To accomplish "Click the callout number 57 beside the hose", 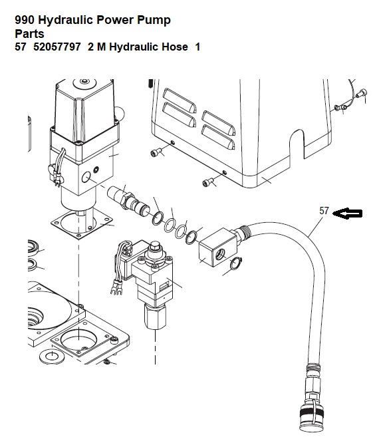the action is tap(324, 211).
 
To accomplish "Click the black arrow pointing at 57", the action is tap(348, 214).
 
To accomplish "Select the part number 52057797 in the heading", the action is tap(57, 47).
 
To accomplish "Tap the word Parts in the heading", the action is tap(29, 34).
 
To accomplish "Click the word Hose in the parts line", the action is tap(177, 47).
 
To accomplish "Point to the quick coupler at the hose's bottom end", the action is tap(311, 414).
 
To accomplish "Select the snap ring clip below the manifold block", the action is tap(236, 263).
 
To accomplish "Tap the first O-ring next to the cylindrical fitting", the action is tap(158, 218).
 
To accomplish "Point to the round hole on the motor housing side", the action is tap(86, 178).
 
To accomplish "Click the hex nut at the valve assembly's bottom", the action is tap(155, 316).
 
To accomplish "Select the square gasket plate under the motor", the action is tap(82, 223).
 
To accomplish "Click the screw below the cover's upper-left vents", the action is tap(156, 153).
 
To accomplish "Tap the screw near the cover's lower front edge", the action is tap(207, 182).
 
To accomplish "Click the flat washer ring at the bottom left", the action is tap(52, 357).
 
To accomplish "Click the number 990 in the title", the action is tap(25, 20).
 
